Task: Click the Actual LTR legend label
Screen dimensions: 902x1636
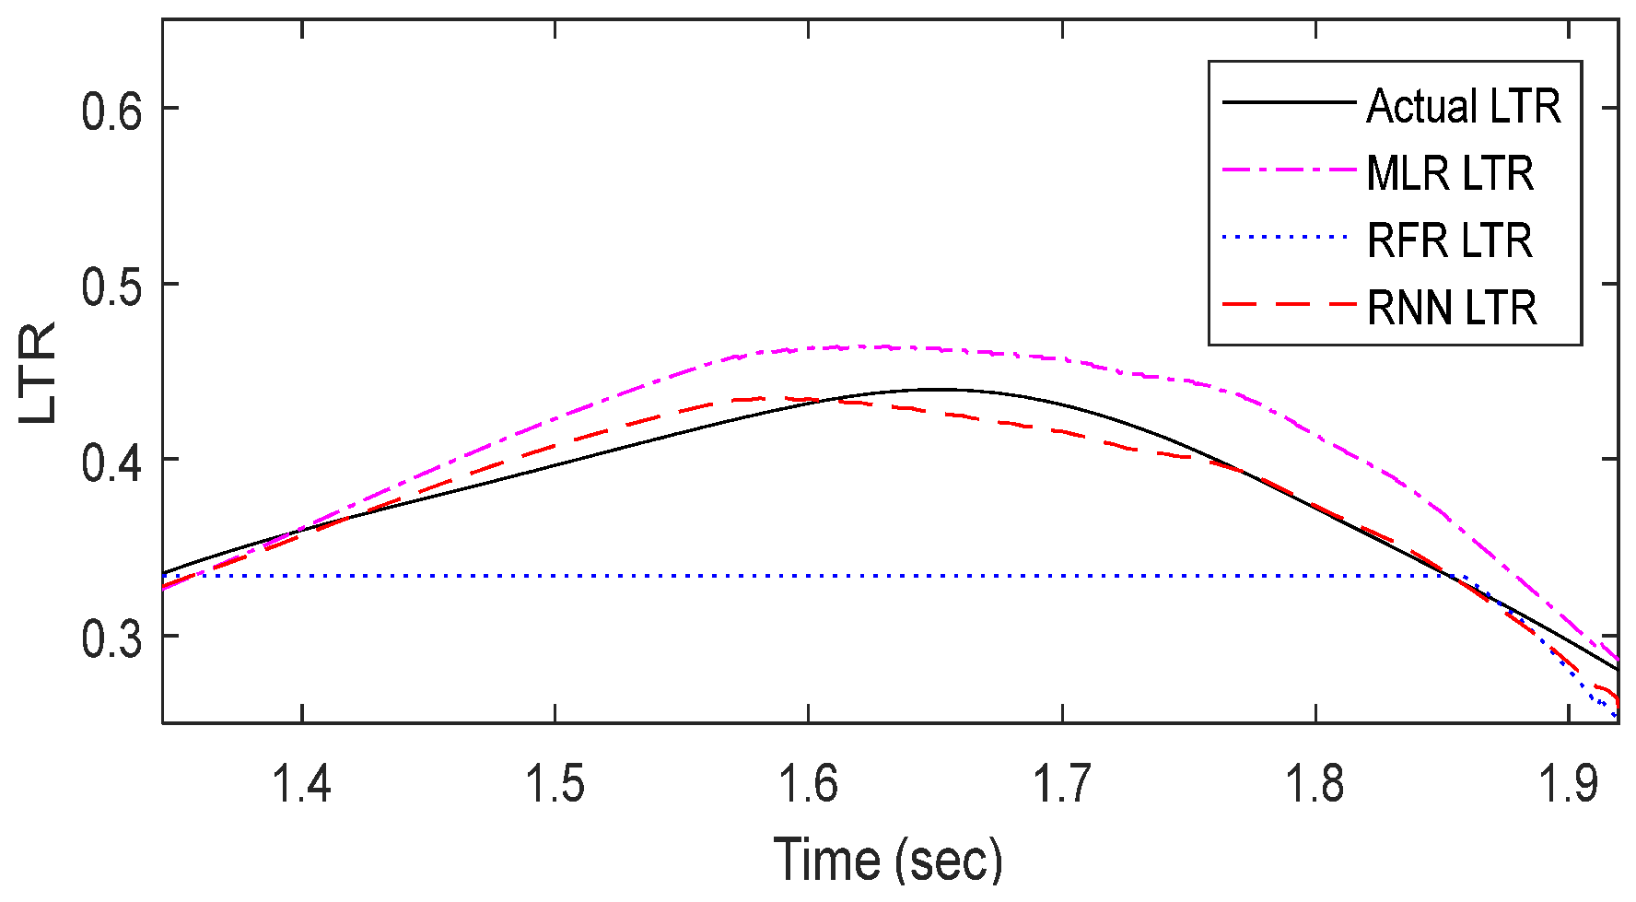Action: click(x=1463, y=107)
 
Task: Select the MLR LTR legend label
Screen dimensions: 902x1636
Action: click(x=1450, y=174)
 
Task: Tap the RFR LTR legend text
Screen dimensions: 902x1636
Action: click(x=1449, y=240)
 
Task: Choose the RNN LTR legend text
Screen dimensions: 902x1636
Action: click(x=1452, y=308)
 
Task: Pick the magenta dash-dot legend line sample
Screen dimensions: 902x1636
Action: click(x=1289, y=170)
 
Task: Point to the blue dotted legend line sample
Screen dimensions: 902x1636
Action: click(x=1289, y=238)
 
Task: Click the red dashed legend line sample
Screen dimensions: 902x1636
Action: click(x=1289, y=304)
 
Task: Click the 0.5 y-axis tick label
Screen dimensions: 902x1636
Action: click(x=111, y=287)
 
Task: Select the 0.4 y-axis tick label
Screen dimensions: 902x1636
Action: click(x=111, y=463)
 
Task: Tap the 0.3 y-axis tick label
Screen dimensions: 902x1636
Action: click(x=111, y=639)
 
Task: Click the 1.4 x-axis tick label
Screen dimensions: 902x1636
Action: click(x=301, y=784)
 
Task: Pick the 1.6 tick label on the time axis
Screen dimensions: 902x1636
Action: click(x=808, y=784)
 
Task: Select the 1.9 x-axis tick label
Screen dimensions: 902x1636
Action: click(x=1568, y=784)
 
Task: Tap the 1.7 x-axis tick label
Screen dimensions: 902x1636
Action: click(x=1061, y=784)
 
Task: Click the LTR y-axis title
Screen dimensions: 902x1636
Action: click(x=39, y=372)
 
